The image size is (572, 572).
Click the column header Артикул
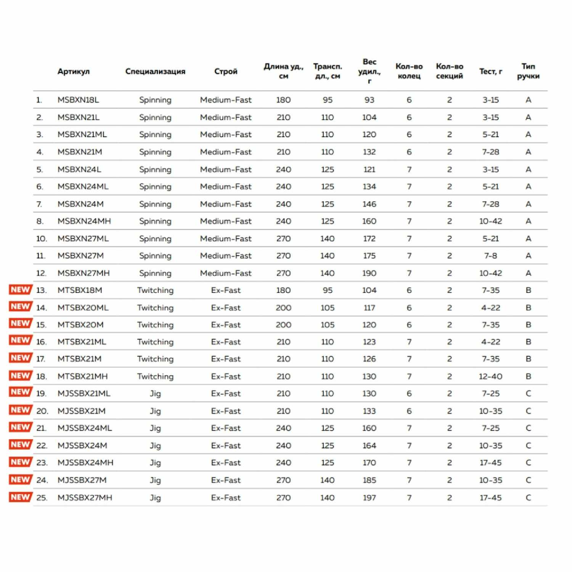74,71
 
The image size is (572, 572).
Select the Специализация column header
155,71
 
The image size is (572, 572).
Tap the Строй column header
226,71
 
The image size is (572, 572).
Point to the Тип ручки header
528,71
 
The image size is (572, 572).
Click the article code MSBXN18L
78,100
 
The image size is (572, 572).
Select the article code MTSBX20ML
83,308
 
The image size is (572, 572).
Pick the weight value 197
369,498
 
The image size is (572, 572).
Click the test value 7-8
490,256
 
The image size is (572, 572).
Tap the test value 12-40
490,376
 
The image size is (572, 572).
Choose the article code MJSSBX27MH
85,498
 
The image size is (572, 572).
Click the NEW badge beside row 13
20,290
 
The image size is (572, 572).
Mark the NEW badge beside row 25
20,497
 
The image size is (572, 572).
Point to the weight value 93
369,100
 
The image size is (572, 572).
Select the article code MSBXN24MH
84,221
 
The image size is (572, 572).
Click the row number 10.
42,239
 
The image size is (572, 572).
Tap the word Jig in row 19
155,394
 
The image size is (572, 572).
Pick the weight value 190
369,273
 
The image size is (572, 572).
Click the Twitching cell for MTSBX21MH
155,376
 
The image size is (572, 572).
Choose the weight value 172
369,239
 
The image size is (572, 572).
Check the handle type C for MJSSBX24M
528,445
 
